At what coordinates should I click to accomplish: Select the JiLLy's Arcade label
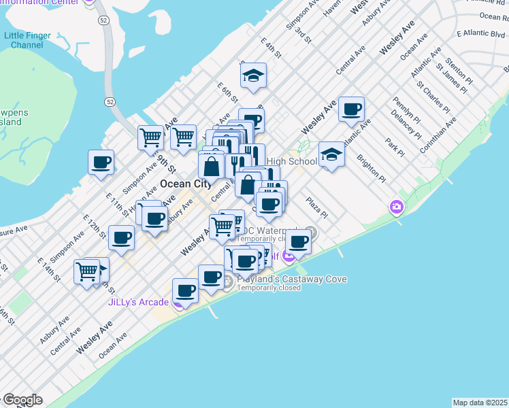(138, 303)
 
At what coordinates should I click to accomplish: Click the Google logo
(22, 400)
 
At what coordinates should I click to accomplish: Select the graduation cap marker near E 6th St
(254, 76)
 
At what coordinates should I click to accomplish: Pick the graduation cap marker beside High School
(331, 154)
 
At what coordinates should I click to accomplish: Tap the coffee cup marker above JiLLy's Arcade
(185, 290)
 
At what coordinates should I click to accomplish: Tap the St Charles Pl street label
(432, 97)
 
